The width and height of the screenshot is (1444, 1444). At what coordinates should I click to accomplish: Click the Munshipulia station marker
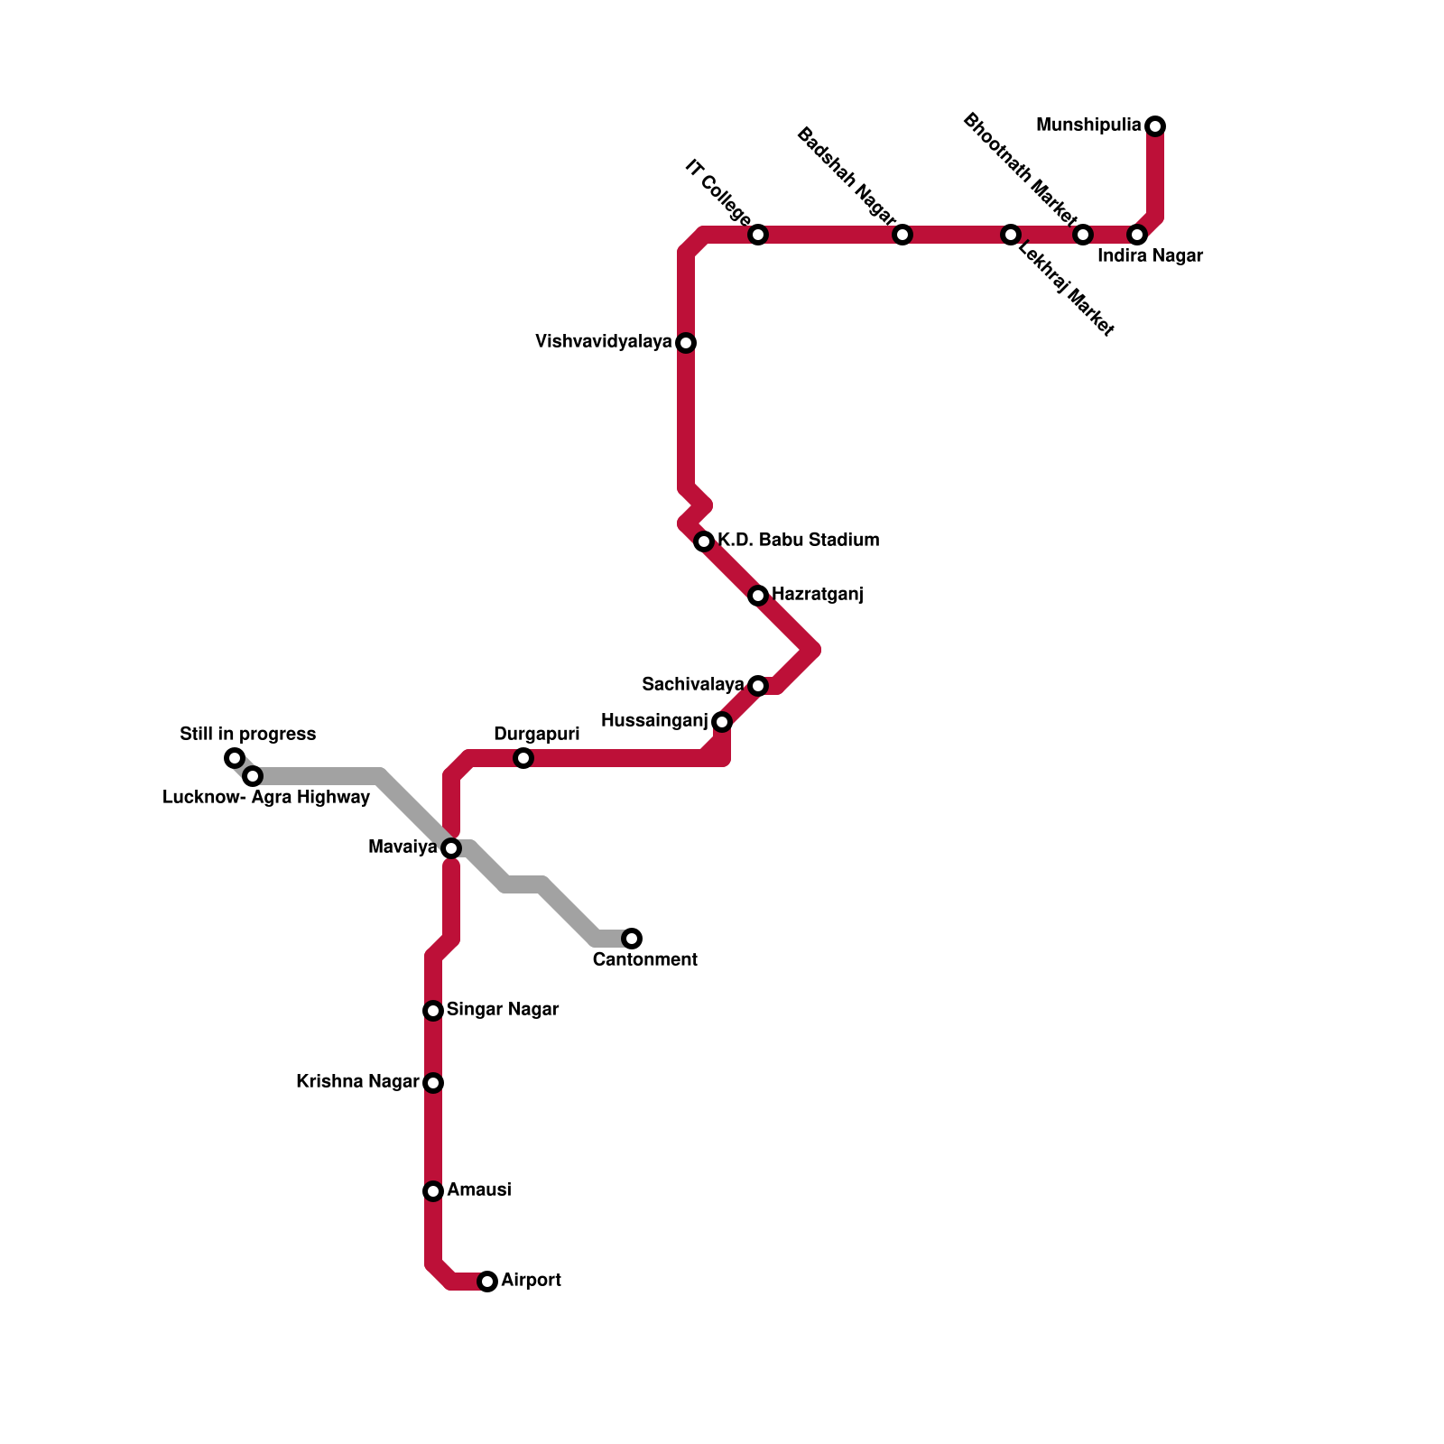(1155, 126)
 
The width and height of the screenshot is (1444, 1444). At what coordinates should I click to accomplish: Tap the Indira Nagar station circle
(1137, 235)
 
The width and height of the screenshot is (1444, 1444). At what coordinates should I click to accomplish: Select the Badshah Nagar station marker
(902, 235)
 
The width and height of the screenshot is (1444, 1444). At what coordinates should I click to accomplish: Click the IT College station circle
(758, 235)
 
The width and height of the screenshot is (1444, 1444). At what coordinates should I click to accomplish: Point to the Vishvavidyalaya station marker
(686, 343)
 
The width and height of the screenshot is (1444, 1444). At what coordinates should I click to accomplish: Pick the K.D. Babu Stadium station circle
(704, 541)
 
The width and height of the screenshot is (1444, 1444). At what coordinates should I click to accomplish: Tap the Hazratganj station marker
(758, 596)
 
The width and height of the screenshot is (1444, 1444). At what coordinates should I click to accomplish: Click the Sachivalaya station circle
(758, 686)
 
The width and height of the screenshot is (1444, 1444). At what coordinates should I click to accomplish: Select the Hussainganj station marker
(722, 722)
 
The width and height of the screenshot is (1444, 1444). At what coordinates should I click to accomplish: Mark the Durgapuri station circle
(523, 758)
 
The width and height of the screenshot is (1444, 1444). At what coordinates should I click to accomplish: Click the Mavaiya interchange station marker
(451, 848)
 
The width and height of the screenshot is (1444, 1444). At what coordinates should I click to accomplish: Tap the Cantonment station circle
(632, 939)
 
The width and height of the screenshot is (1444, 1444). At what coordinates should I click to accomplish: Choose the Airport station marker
(487, 1282)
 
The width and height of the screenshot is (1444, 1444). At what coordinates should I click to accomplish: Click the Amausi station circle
(433, 1191)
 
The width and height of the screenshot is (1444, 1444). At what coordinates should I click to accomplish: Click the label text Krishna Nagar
(357, 1082)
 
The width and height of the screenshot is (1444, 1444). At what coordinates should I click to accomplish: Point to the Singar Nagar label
(503, 1010)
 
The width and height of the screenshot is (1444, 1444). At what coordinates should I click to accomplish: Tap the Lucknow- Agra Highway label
(266, 798)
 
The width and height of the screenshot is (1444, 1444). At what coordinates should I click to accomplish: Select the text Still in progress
(248, 735)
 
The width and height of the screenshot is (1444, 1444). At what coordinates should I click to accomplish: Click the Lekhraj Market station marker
(1011, 235)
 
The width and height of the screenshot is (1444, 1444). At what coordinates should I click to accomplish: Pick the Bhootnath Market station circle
(1083, 235)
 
